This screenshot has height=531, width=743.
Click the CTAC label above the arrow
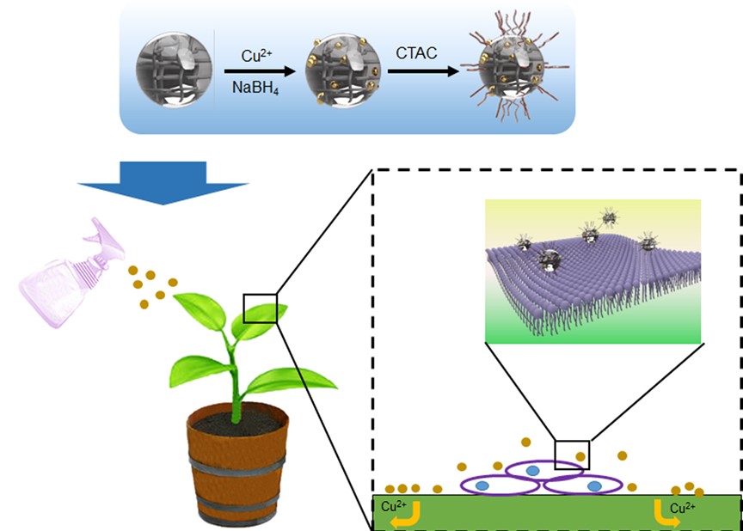[x=416, y=53]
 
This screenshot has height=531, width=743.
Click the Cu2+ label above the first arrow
[x=255, y=53]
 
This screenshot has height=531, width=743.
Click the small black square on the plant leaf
[x=261, y=308]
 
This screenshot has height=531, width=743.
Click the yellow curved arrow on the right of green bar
[x=664, y=513]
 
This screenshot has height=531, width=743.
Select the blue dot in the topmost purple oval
[x=533, y=470]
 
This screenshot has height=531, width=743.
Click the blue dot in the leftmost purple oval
[x=483, y=485]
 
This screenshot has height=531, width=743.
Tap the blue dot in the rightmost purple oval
[x=594, y=486]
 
